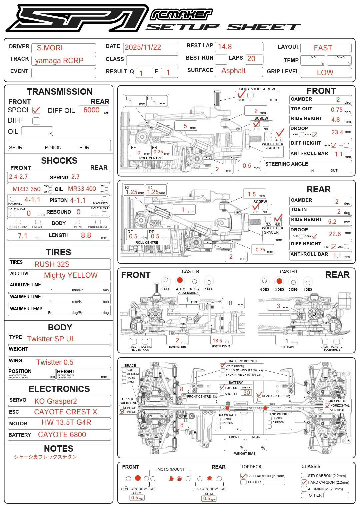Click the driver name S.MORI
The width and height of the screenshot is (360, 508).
click(x=50, y=48)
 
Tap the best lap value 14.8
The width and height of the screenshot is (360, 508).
click(x=225, y=47)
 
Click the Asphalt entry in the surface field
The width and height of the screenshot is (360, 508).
click(x=233, y=71)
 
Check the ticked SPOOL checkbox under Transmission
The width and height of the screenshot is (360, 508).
click(x=36, y=110)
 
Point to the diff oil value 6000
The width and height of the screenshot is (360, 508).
click(x=92, y=110)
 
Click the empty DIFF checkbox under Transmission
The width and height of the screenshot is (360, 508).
click(x=36, y=121)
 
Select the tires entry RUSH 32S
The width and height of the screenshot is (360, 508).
click(x=52, y=264)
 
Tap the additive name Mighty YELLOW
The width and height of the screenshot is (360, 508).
click(x=71, y=275)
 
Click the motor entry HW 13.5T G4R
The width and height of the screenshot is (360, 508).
click(x=66, y=422)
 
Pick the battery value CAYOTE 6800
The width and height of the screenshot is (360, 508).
click(x=62, y=435)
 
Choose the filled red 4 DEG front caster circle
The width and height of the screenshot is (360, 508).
click(x=180, y=280)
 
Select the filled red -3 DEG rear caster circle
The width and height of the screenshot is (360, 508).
click(x=279, y=281)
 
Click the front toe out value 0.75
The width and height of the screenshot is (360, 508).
click(x=337, y=110)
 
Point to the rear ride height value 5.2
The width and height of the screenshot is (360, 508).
click(x=332, y=222)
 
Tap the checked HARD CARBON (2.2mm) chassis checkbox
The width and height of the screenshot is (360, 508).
click(x=304, y=482)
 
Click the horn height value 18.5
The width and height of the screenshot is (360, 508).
click(x=217, y=341)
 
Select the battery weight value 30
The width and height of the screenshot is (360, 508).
click(x=247, y=393)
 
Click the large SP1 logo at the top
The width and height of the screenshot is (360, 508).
click(x=77, y=18)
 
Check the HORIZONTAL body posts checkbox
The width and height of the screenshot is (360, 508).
click(x=327, y=405)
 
